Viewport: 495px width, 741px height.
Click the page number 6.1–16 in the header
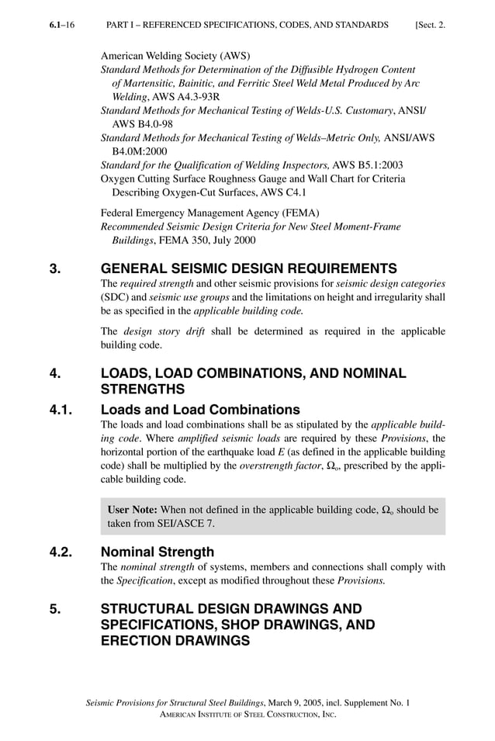(x=61, y=26)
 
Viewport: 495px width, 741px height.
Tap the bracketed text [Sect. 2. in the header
(x=430, y=26)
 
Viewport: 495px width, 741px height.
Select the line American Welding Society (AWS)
(x=175, y=57)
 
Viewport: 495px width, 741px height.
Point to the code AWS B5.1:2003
(x=367, y=164)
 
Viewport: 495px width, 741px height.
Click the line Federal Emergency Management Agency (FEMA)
(x=210, y=213)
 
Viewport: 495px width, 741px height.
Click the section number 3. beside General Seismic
(x=55, y=269)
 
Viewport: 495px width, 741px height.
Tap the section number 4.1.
(x=61, y=409)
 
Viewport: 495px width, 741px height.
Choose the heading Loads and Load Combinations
(x=200, y=409)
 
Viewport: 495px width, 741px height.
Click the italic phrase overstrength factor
(x=272, y=466)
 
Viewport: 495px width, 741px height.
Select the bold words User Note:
(x=133, y=510)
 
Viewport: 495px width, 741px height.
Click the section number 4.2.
(x=61, y=552)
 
